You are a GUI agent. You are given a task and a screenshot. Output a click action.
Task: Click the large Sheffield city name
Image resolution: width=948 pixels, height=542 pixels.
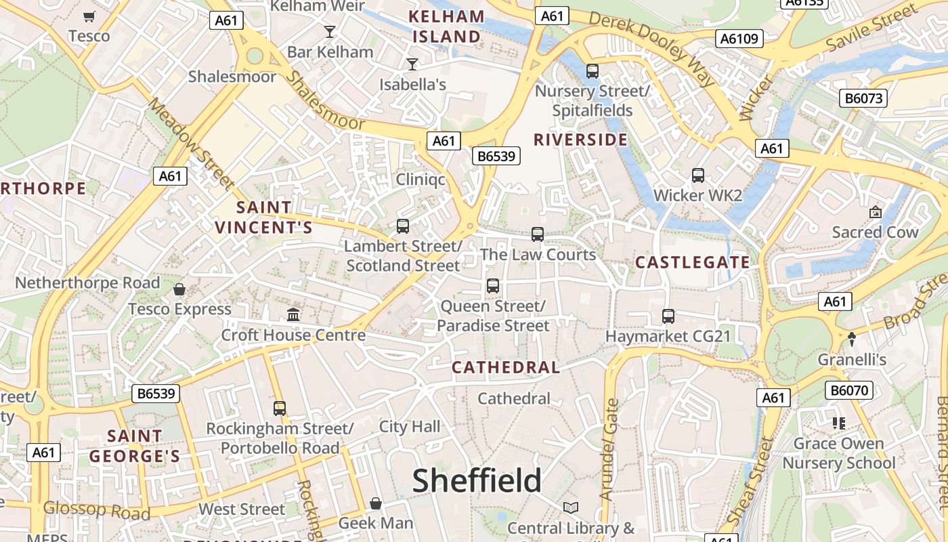[477, 480]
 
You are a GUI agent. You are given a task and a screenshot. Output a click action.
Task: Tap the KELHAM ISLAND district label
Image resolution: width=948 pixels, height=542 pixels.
[447, 26]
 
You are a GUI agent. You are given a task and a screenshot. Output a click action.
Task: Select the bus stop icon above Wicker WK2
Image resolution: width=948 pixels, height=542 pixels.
[698, 175]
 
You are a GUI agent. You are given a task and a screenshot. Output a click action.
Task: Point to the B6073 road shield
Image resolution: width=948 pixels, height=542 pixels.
[864, 98]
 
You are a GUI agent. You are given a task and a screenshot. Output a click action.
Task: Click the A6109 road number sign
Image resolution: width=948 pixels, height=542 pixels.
[740, 39]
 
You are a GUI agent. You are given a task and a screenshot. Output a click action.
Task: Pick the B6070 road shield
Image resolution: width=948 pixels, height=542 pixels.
[849, 390]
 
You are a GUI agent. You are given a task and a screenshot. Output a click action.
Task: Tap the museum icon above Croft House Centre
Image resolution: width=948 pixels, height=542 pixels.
[293, 314]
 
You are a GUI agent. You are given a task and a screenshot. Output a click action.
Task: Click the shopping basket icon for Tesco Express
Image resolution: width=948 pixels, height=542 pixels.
[179, 289]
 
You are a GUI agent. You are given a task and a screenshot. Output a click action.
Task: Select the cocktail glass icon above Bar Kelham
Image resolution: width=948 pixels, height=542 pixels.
[330, 31]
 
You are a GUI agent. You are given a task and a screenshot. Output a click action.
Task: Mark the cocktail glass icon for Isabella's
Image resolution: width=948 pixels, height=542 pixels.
[412, 64]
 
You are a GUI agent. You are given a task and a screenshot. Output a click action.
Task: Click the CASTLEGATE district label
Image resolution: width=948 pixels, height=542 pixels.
[692, 262]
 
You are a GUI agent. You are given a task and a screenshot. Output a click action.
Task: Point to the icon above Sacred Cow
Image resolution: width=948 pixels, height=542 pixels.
[875, 212]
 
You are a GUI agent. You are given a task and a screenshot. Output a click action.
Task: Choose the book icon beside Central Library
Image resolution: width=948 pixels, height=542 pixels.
[571, 507]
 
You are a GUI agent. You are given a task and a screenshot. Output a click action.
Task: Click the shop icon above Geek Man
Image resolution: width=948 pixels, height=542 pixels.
[375, 503]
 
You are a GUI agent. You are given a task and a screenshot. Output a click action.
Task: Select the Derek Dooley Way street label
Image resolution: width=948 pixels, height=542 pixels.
[651, 48]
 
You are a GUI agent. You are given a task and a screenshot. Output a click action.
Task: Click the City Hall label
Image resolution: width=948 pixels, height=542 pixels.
[409, 427]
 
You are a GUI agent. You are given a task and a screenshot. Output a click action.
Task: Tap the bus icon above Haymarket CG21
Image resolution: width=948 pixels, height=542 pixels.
[668, 316]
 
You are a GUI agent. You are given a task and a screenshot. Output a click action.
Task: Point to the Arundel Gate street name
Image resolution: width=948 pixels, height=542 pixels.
[609, 449]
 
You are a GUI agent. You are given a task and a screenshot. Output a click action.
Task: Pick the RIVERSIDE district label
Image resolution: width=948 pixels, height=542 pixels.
[580, 140]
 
